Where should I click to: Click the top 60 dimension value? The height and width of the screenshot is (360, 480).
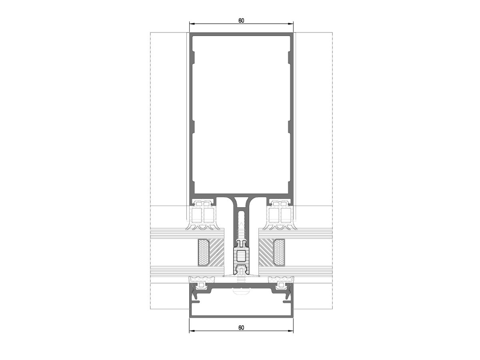click(x=241, y=21)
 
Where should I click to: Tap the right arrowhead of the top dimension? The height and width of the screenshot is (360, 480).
click(x=291, y=24)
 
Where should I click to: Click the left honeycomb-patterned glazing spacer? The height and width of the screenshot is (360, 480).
click(x=204, y=252)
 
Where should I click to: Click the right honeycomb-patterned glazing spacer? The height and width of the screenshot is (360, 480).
click(x=279, y=252)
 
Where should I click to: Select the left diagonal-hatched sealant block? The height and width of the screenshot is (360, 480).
click(x=217, y=252)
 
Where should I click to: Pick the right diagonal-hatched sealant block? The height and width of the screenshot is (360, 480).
click(x=266, y=252)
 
